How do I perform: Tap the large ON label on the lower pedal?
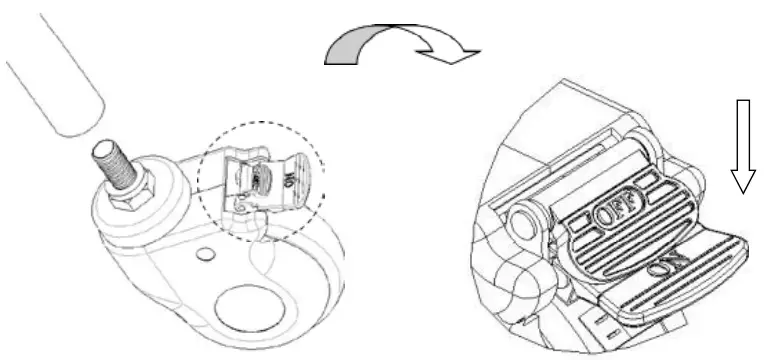pos(663,268)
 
